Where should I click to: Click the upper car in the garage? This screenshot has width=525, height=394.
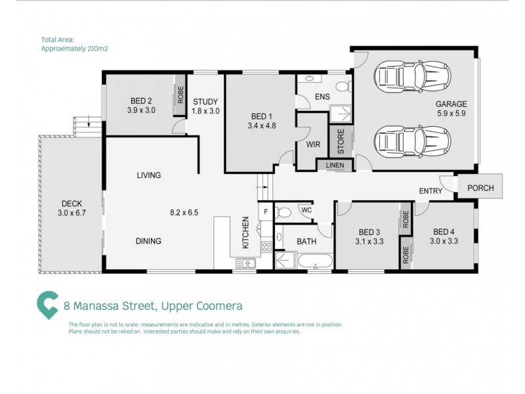[412, 77]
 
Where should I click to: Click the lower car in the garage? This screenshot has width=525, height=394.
[412, 142]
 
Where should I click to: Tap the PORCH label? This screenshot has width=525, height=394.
[480, 188]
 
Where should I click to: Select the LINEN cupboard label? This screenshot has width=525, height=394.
[335, 165]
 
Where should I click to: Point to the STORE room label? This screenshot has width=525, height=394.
[341, 141]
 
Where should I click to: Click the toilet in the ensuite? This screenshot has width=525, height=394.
[343, 87]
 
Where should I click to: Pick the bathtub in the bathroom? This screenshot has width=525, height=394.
[315, 261]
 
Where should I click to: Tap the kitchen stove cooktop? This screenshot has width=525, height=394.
[266, 248]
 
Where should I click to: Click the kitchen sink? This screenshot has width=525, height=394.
[245, 263]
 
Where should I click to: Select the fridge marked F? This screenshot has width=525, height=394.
[266, 211]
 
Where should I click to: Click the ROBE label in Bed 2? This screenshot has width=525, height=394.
[180, 95]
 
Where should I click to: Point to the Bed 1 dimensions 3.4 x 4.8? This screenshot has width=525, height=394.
[262, 126]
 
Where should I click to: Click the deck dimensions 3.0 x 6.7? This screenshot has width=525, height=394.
[72, 213]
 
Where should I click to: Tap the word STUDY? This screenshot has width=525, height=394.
[205, 102]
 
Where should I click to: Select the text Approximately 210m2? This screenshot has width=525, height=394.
[74, 49]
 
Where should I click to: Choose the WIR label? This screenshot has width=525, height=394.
[313, 144]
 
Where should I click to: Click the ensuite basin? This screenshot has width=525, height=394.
[309, 79]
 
